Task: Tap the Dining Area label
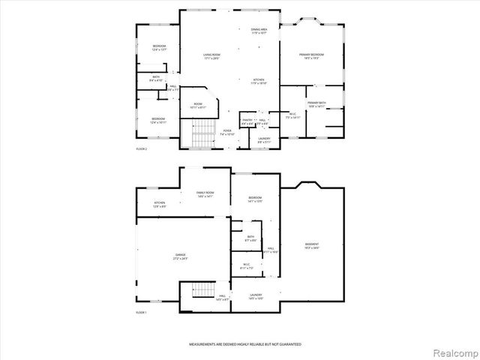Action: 259,31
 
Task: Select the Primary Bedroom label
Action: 313,56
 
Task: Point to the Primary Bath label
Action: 316,104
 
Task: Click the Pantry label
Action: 247,121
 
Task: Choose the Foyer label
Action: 227,132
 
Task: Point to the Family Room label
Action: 205,195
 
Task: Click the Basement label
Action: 311,245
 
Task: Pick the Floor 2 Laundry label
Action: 264,139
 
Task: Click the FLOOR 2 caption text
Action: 141,149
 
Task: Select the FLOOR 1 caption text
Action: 141,312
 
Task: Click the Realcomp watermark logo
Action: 454,352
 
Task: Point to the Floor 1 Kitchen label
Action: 160,205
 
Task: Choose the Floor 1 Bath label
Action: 250,238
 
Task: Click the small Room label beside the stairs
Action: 198,106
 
